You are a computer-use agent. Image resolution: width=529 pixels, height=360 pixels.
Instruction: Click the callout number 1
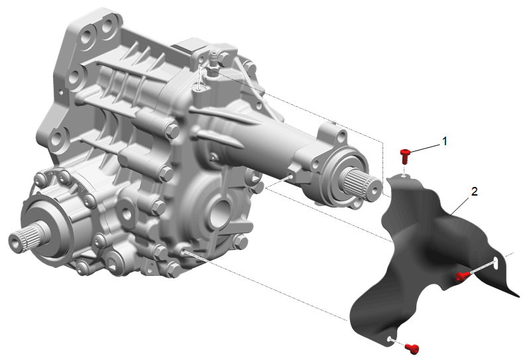click(445, 141)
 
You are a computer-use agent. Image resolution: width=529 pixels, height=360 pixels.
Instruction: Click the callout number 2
click(475, 192)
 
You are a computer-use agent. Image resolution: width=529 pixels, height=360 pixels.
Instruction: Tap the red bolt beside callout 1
click(404, 156)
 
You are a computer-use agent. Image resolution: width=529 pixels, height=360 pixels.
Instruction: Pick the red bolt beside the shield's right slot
click(461, 277)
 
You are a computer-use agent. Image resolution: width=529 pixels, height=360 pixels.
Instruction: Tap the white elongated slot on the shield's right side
click(497, 263)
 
